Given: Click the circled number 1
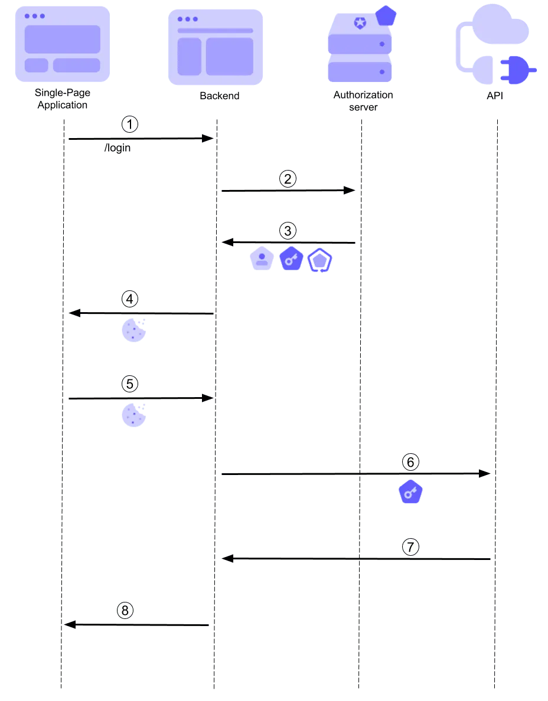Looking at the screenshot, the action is (130, 125).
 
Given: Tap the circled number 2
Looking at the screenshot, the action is (288, 179).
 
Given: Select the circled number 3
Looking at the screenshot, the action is (288, 231).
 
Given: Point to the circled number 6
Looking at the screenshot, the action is (410, 462).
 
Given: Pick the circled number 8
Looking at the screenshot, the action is (125, 610).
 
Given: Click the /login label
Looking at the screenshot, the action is (118, 148).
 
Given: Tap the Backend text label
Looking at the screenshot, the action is (219, 96).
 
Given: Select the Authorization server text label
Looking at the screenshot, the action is (363, 101).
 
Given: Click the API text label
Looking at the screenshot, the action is (495, 96).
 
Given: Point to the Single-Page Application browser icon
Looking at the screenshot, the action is (63, 44).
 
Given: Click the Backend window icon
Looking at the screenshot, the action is (215, 47).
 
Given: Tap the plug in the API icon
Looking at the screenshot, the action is (518, 70).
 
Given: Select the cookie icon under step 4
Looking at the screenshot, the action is (134, 330).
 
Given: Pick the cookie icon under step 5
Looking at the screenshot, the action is (134, 415).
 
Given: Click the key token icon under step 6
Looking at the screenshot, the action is (410, 492).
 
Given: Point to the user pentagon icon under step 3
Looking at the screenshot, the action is (262, 258).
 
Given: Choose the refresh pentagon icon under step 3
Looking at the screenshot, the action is (320, 260).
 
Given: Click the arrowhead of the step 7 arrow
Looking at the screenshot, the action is (227, 558).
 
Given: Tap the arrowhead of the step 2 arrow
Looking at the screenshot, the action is (350, 191).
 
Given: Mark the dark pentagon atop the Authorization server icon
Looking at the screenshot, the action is (386, 16).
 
